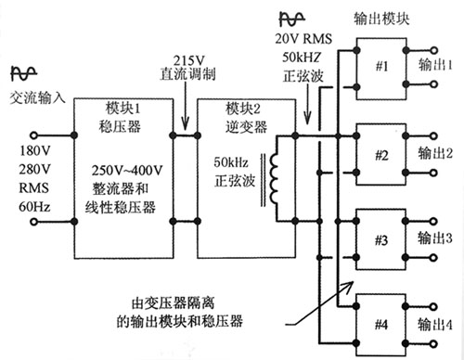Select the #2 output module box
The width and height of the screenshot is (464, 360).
coord(380,153)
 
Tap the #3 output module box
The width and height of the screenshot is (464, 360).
coord(380,240)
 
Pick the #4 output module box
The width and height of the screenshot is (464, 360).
coord(380,324)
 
